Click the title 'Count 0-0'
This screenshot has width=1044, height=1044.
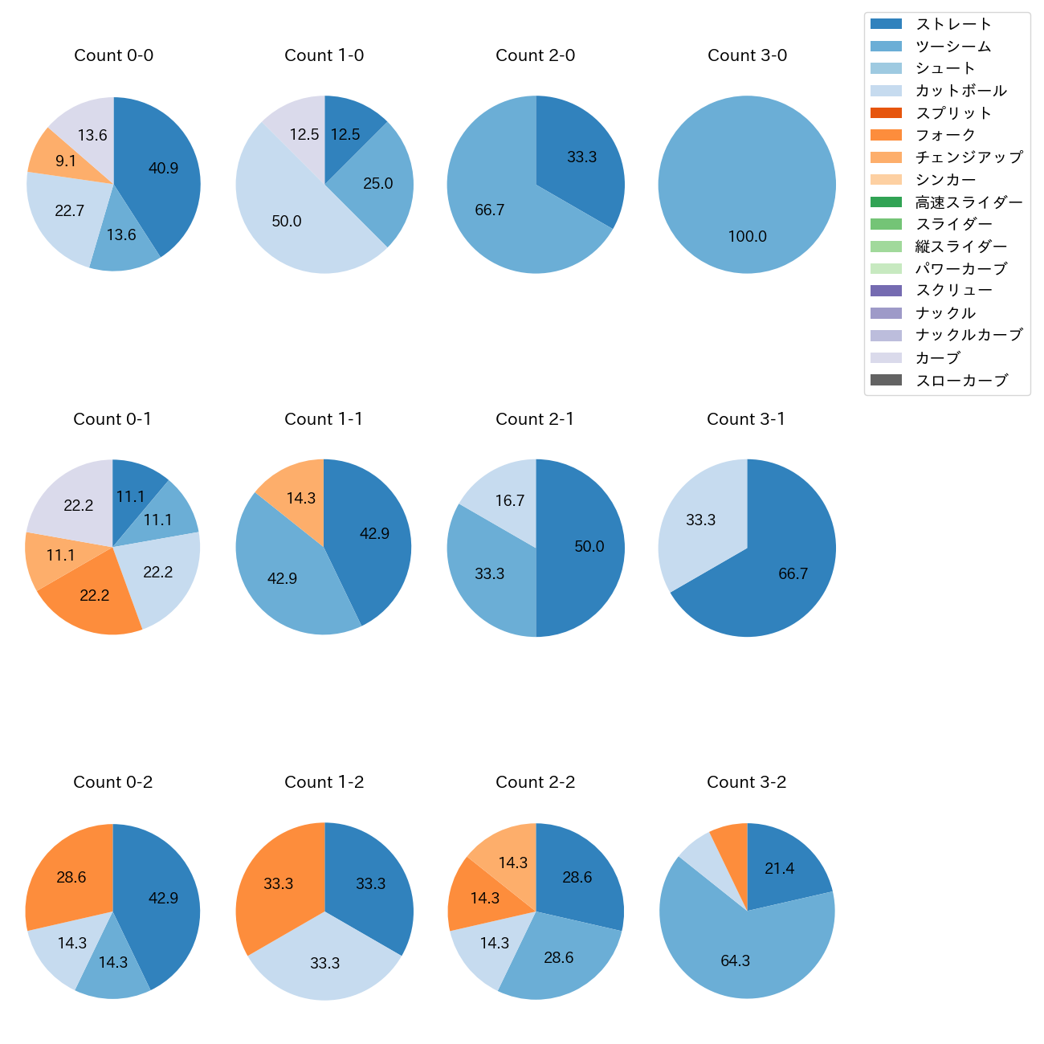coord(113,55)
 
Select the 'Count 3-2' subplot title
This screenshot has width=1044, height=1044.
coord(746,782)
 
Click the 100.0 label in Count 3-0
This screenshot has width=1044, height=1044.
coord(747,237)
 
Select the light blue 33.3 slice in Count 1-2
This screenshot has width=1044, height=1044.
coord(324,964)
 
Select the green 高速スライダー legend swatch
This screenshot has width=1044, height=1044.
coord(886,202)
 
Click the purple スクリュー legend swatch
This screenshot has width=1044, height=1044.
coord(886,291)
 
